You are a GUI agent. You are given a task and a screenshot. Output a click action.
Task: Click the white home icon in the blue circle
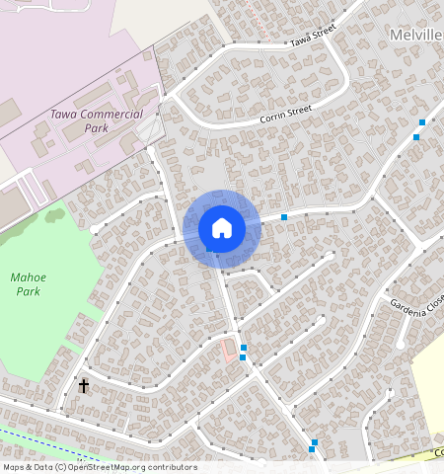pyautogui.click(x=222, y=228)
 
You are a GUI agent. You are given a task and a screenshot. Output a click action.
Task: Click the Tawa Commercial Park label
pyautogui.click(x=96, y=120)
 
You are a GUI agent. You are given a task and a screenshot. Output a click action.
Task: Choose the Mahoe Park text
pyautogui.click(x=28, y=284)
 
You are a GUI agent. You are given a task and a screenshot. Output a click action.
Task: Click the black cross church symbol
pyautogui.click(x=84, y=385)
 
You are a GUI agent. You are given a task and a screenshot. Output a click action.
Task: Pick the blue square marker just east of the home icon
pyautogui.click(x=284, y=216)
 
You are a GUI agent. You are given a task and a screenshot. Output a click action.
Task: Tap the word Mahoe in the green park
pyautogui.click(x=28, y=277)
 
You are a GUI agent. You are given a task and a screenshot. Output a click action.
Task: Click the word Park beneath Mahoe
pyautogui.click(x=28, y=292)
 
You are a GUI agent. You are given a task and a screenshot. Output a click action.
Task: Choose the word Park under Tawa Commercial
pyautogui.click(x=96, y=128)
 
